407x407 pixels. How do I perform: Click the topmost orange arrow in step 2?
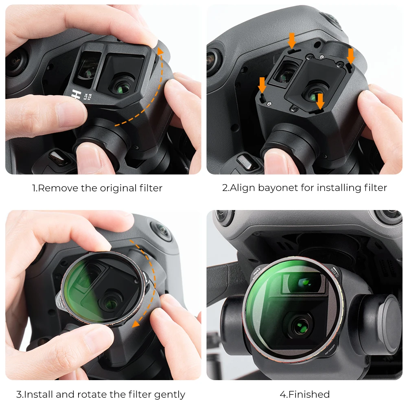point(291,41)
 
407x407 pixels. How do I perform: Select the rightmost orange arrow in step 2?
point(350,56)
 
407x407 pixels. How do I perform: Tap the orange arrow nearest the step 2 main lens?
point(320,101)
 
